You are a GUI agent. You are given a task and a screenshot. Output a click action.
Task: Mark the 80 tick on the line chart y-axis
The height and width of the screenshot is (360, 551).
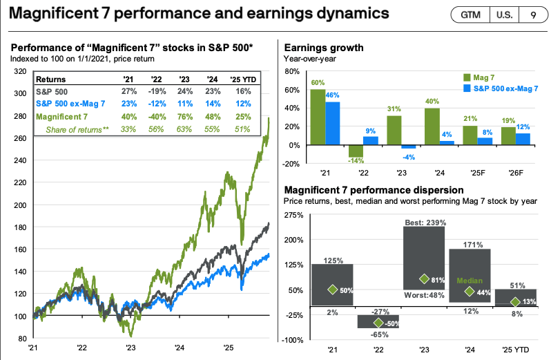coord(21,338)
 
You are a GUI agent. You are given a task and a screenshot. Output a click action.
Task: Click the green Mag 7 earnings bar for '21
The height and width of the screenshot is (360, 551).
coord(318,117)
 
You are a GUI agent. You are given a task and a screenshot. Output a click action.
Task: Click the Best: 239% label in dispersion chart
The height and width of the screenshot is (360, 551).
coord(424,222)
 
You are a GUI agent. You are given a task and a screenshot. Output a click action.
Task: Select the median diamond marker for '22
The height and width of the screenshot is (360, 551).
coord(378,323)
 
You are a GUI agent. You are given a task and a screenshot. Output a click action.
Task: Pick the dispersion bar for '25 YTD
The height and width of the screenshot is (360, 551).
coord(516,297)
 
